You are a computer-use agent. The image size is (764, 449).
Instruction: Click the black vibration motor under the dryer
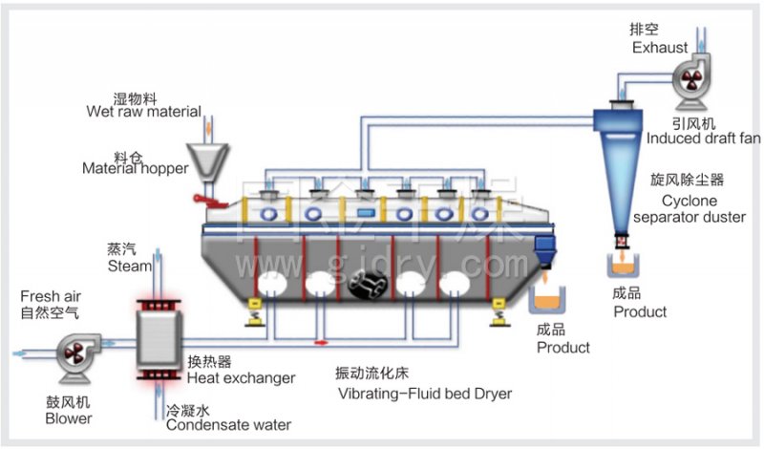[x=367, y=284]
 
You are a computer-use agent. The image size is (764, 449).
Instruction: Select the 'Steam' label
[x=128, y=266]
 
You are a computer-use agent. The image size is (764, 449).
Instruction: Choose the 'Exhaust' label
[x=658, y=46]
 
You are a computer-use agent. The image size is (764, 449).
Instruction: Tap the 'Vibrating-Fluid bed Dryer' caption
[x=424, y=393]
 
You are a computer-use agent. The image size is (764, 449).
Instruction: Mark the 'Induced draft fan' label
[x=703, y=139]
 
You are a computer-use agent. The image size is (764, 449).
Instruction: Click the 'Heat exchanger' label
[x=241, y=378]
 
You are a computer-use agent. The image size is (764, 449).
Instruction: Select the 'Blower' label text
[x=69, y=417]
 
